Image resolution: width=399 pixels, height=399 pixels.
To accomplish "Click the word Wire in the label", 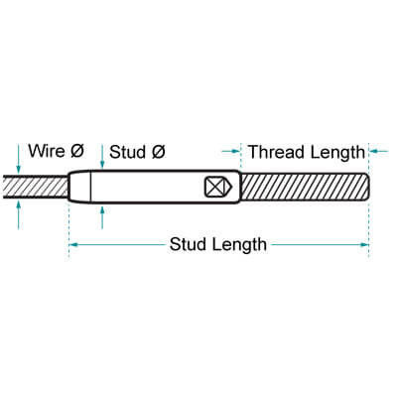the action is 47,151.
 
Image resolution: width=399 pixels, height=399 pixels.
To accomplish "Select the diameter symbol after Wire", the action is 77,151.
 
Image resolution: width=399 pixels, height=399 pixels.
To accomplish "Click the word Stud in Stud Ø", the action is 127,152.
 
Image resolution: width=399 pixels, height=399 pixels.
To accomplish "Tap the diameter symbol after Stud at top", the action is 158,152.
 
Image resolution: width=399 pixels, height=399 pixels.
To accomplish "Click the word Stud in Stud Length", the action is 188,244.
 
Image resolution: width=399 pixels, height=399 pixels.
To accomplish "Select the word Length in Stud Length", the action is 239,245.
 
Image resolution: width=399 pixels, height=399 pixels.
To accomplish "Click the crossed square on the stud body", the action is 214,187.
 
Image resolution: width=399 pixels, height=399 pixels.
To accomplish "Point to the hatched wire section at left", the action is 36,187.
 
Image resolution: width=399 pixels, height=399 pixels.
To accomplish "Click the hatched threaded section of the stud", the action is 305,187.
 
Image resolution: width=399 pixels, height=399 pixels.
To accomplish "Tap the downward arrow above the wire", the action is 19,159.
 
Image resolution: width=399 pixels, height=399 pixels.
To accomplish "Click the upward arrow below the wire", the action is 19,214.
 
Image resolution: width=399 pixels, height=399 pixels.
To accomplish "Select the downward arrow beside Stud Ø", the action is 102,157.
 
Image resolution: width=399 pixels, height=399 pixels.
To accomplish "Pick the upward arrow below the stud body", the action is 102,217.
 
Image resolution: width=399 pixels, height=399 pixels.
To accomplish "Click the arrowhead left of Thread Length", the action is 235,151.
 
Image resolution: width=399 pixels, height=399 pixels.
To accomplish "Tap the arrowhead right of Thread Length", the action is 374,151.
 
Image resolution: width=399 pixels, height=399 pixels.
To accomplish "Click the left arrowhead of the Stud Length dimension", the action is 73,245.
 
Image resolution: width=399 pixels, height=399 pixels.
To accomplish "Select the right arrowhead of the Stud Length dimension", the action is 364,245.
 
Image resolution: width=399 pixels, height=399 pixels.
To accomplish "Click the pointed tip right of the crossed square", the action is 232,187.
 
